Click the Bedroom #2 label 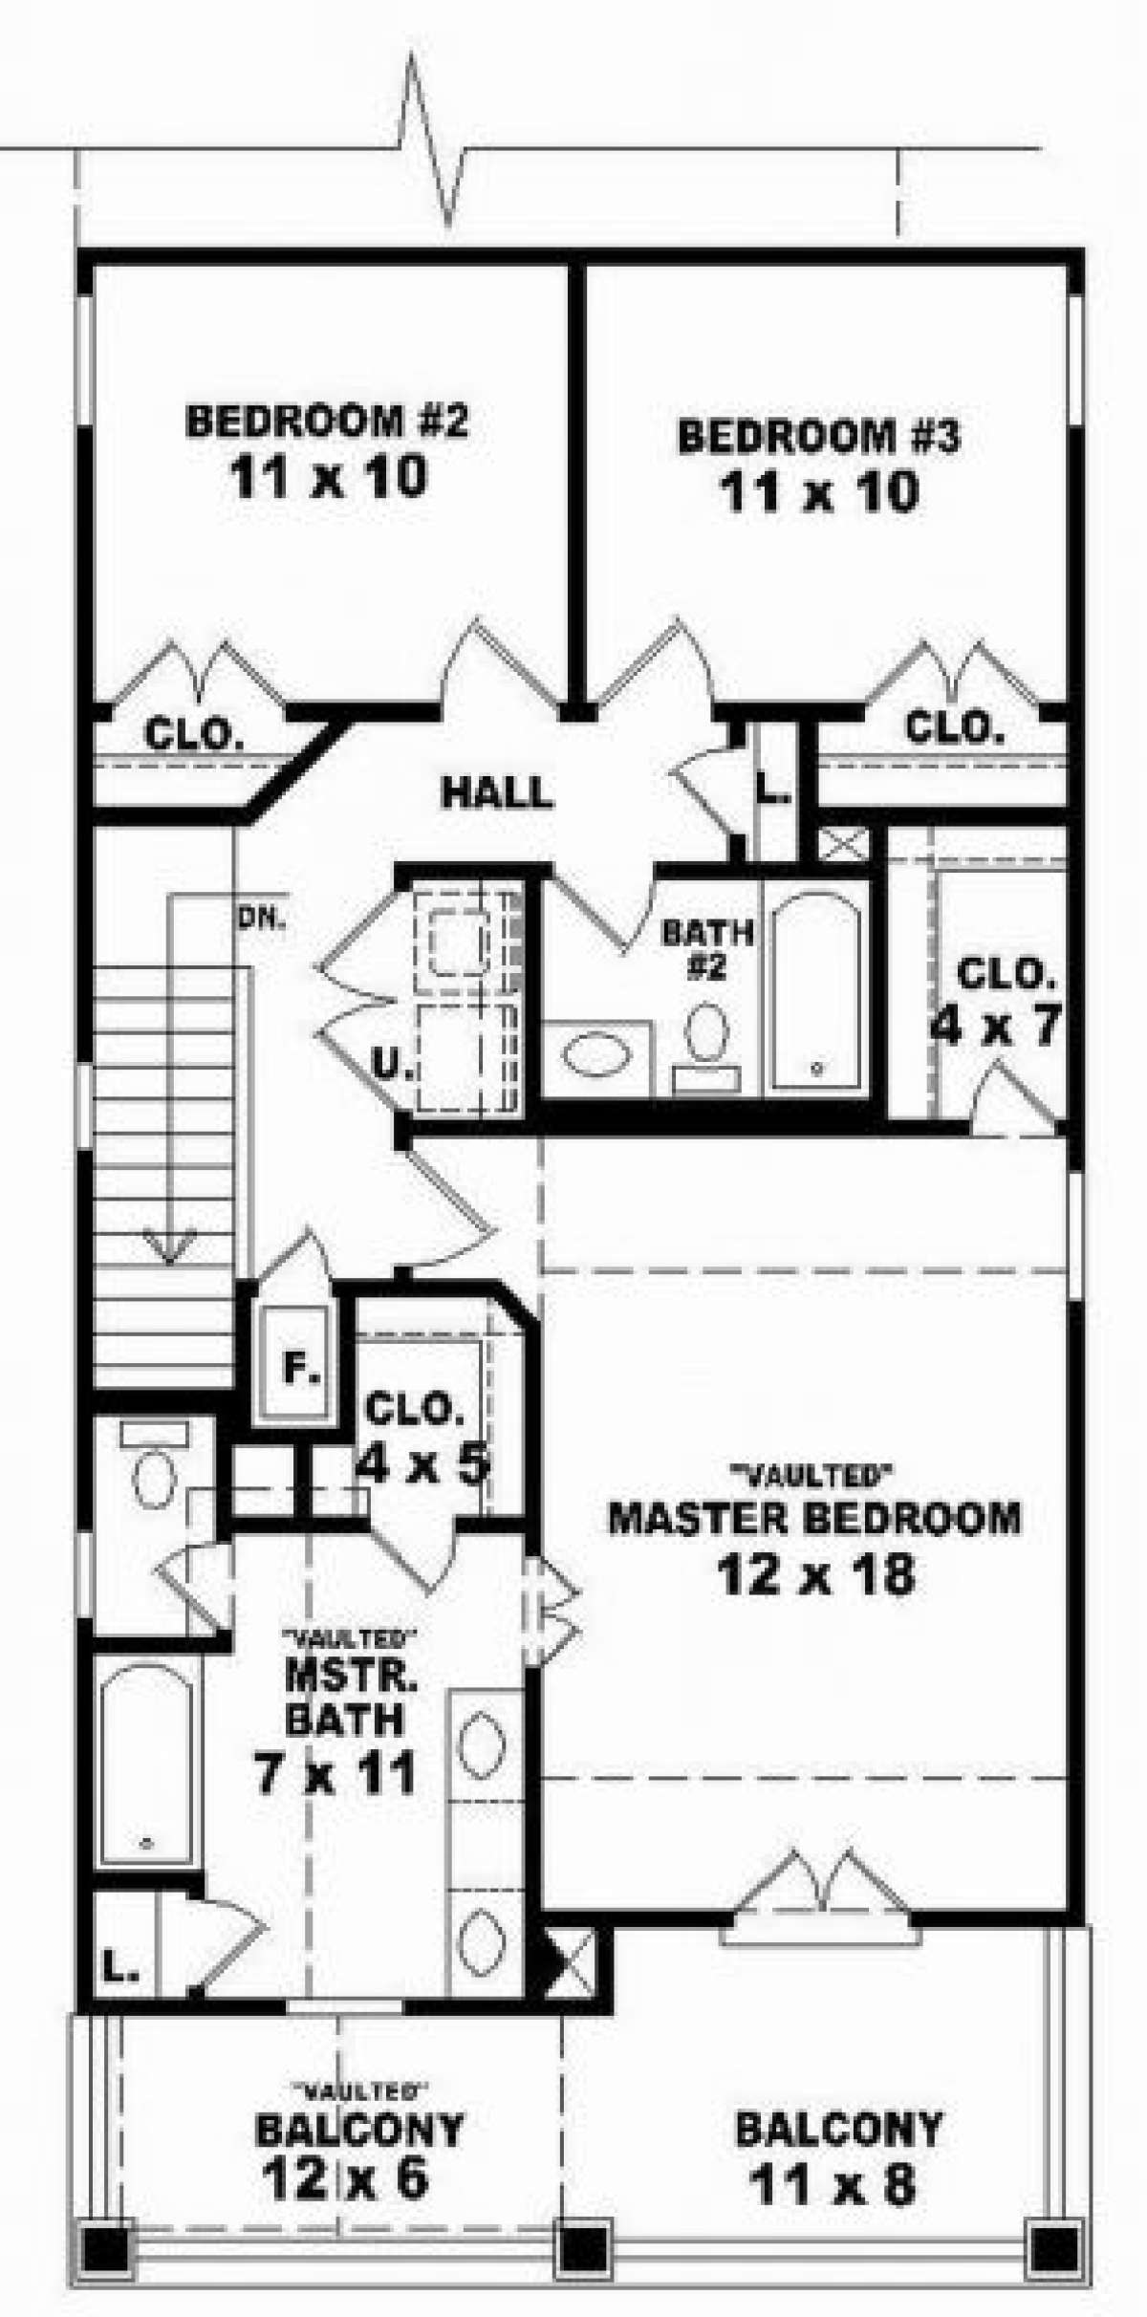tap(327, 422)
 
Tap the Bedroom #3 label tap(818, 437)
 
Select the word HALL tap(497, 792)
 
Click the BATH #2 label tap(708, 949)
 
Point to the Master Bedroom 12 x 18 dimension tap(816, 1575)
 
